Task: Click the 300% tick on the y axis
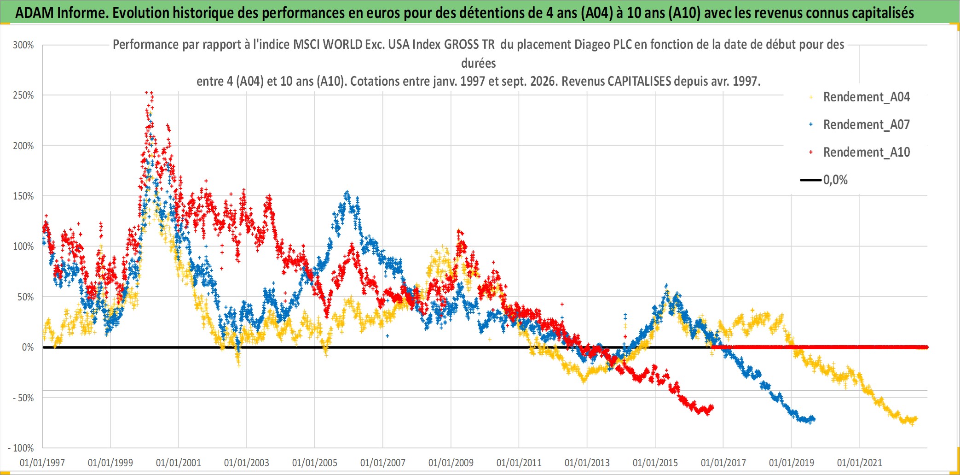tap(23, 45)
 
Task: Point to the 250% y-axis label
tap(23, 95)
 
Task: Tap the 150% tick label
tap(23, 196)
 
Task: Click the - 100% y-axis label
tap(21, 448)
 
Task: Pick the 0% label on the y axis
tap(28, 347)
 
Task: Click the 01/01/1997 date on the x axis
tap(42, 463)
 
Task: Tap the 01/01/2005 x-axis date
tap(315, 463)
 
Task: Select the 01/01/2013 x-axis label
tap(587, 463)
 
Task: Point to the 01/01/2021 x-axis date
tap(860, 463)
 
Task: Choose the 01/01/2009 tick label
tap(451, 463)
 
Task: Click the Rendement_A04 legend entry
tap(867, 97)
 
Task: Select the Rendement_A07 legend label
tap(867, 125)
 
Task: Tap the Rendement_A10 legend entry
tap(867, 152)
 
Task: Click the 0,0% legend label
tap(835, 180)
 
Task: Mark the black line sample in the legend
tap(811, 180)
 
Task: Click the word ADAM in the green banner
tap(35, 13)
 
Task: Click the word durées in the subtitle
tap(479, 63)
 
